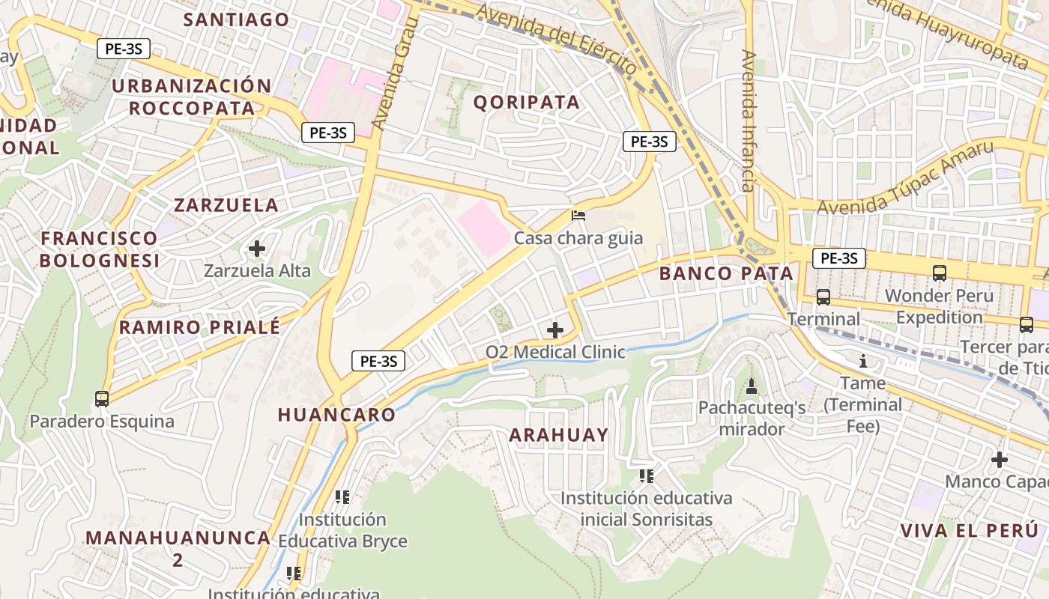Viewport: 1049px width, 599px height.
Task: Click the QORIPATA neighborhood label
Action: point(527,103)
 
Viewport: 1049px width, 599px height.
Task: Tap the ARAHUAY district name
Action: point(559,435)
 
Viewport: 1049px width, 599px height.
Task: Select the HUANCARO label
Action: point(336,415)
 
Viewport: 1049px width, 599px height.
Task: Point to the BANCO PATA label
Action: point(726,273)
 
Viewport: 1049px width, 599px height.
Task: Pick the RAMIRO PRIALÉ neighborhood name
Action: point(199,327)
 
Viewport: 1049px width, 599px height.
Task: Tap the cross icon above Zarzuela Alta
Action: point(257,248)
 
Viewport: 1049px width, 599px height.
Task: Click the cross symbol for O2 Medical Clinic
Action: point(555,330)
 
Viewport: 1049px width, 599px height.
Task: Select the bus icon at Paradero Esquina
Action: point(102,399)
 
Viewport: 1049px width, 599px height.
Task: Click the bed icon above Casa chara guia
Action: point(578,216)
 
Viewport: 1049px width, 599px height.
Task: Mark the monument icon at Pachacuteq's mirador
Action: point(752,386)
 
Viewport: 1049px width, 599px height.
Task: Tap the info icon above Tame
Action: point(863,362)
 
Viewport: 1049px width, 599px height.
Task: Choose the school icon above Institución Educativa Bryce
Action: point(342,497)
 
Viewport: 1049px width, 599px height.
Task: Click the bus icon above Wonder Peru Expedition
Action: point(940,274)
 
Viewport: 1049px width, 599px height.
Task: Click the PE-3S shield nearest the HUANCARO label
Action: point(378,361)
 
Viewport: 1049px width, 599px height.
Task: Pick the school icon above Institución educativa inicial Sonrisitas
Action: point(647,476)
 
